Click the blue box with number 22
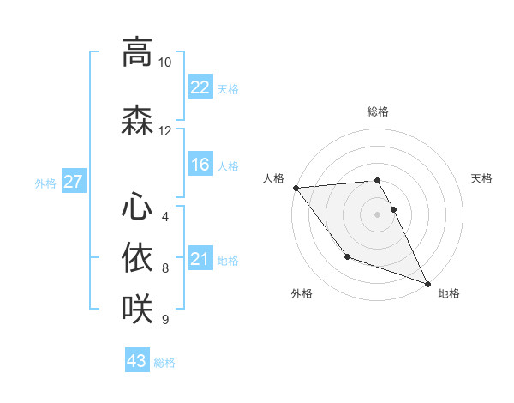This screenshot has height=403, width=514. click(200, 87)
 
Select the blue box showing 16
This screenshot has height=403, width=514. click(200, 165)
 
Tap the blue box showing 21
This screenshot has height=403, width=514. click(200, 259)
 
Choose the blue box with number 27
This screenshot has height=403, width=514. click(74, 182)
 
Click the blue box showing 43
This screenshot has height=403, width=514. click(136, 361)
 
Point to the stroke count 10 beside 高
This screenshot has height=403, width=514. click(164, 63)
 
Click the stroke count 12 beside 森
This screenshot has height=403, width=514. click(164, 131)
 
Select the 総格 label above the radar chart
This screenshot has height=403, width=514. click(377, 111)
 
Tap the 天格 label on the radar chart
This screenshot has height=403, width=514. click(481, 178)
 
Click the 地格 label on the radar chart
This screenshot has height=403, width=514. click(449, 293)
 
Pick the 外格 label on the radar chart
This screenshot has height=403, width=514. click(302, 293)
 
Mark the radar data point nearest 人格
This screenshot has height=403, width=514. click(296, 188)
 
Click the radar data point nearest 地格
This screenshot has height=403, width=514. click(427, 284)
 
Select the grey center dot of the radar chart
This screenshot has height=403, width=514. click(377, 214)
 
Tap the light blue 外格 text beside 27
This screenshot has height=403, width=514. click(45, 183)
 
